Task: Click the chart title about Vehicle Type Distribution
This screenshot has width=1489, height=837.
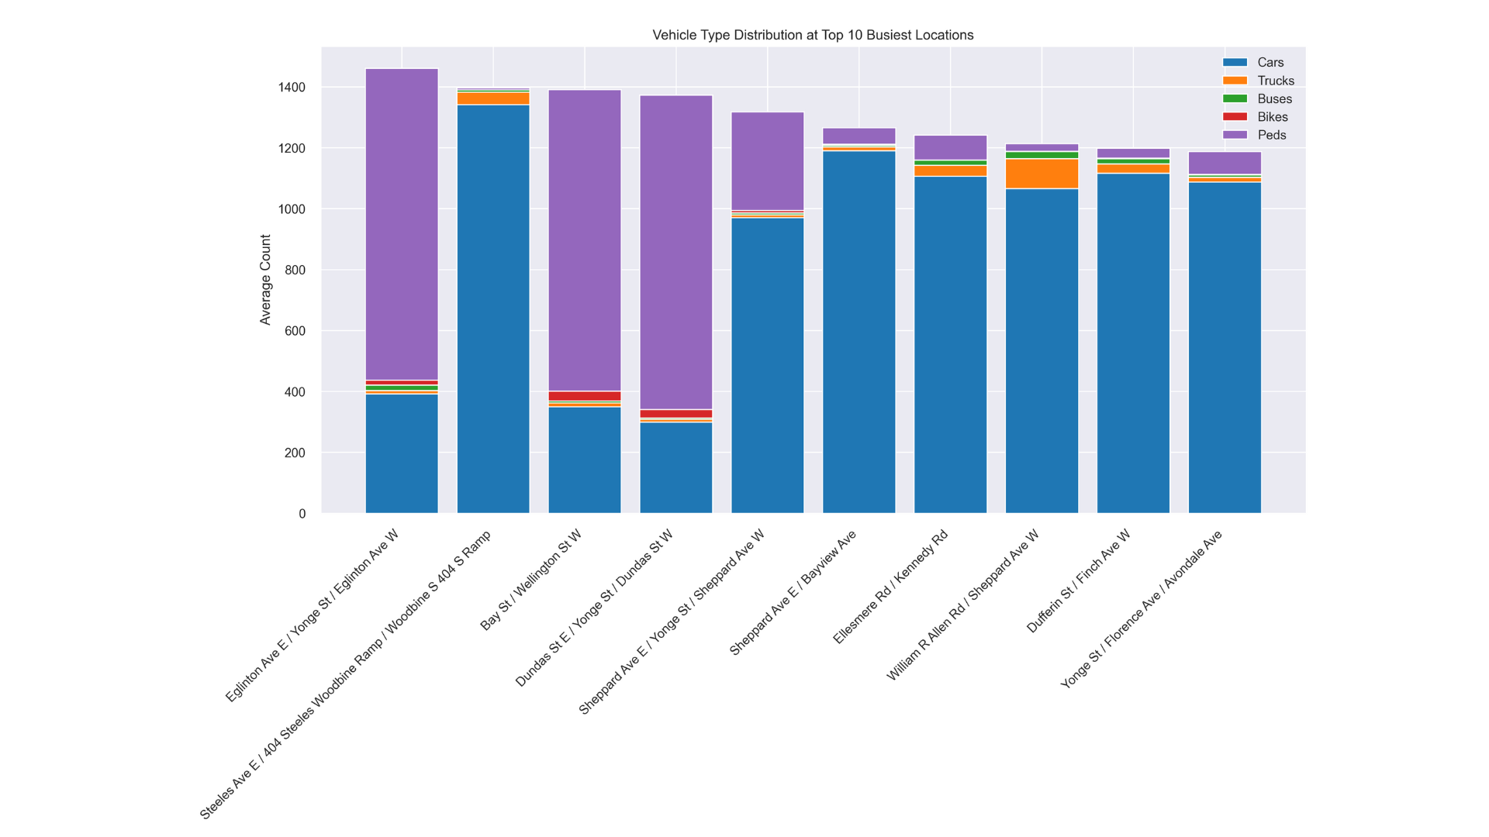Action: (x=813, y=35)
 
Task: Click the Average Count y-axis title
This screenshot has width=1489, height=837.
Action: (x=266, y=280)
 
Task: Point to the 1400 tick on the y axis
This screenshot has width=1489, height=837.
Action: (x=292, y=88)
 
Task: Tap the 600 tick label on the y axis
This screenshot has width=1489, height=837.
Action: (x=295, y=331)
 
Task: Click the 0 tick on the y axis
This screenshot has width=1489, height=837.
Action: (x=302, y=514)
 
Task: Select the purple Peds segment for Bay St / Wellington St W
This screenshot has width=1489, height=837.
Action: (x=585, y=240)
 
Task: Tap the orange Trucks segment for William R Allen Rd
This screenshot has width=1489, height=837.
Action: (x=1042, y=174)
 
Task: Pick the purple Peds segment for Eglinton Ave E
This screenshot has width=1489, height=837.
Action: (x=402, y=225)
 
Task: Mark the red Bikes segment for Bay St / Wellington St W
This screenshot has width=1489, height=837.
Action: (x=585, y=396)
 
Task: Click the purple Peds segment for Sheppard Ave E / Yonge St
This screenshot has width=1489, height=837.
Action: (x=768, y=161)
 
